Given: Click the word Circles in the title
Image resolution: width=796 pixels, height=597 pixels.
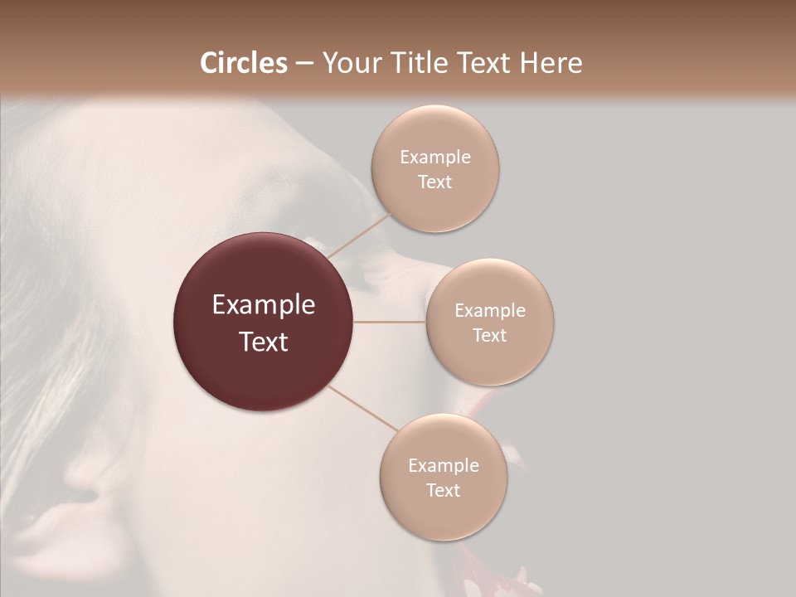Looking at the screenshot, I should [244, 63].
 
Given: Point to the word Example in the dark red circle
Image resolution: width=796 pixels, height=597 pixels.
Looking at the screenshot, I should [263, 305].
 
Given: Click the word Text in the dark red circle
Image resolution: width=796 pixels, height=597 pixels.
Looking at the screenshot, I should [263, 342].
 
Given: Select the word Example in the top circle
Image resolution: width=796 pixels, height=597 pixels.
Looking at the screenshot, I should [434, 158].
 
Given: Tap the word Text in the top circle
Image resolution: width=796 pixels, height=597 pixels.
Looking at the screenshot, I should [434, 182].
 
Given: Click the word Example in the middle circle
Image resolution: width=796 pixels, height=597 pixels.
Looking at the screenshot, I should [489, 311].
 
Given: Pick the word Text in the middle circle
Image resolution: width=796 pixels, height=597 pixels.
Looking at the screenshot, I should [489, 336].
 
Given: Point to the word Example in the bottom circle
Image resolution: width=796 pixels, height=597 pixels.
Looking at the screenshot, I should [443, 466].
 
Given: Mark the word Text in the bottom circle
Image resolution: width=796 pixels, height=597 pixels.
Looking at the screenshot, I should [443, 491].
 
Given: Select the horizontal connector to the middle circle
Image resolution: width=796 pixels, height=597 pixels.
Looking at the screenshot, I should [390, 322].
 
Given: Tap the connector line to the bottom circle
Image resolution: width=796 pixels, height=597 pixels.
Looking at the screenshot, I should [362, 408].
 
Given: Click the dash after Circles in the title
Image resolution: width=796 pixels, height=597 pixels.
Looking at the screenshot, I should [304, 64].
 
